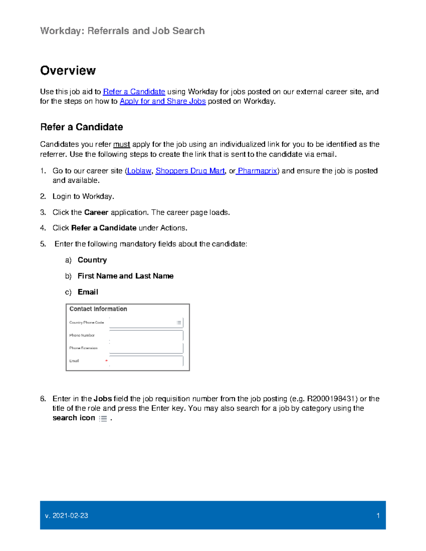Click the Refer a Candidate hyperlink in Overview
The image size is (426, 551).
click(x=134, y=92)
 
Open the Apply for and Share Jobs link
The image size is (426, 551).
click(x=163, y=101)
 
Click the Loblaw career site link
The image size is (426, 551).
click(x=139, y=171)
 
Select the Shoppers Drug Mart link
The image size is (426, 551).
click(x=190, y=171)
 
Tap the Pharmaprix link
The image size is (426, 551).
click(x=257, y=171)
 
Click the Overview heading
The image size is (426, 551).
click(x=68, y=71)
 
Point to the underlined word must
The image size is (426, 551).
click(x=121, y=144)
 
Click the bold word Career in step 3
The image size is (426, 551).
click(x=96, y=213)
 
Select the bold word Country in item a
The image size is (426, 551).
click(x=92, y=260)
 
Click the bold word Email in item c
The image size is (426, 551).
click(x=88, y=292)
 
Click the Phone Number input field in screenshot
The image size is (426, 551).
click(x=146, y=335)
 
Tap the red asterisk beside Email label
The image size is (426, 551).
click(x=106, y=361)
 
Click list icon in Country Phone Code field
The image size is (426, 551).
click(x=179, y=323)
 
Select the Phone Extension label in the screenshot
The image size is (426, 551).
click(x=83, y=348)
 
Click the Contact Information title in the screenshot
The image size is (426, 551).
click(x=98, y=309)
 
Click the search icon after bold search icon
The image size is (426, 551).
click(x=103, y=419)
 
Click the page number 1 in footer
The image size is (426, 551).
click(x=378, y=516)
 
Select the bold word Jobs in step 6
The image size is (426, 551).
click(x=103, y=399)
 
